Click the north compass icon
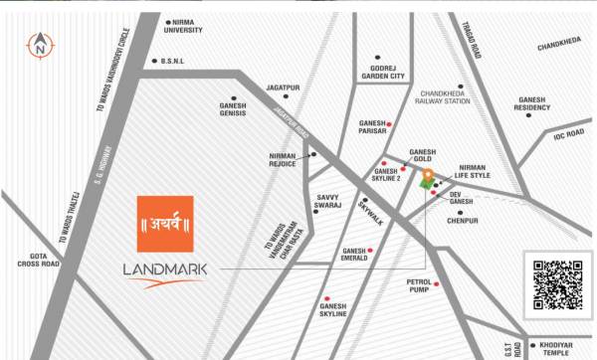[39, 45]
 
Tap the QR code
[557, 283]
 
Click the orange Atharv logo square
[163, 227]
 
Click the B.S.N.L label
[173, 61]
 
